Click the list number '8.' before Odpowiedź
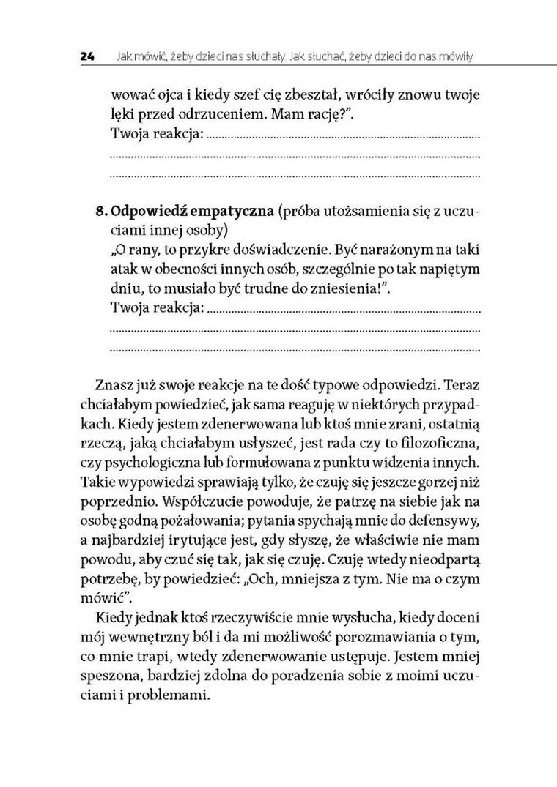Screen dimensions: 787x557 tap(102, 212)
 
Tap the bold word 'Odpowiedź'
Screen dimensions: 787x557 tap(147, 212)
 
